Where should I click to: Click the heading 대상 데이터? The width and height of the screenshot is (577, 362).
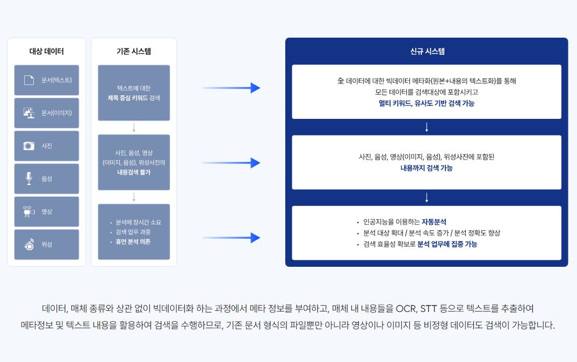[46, 51]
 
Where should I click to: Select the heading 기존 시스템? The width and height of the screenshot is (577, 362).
[134, 51]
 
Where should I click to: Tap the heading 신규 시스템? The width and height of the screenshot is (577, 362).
[427, 51]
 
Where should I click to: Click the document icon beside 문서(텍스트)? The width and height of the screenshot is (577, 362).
[28, 80]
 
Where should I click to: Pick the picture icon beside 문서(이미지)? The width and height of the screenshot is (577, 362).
[28, 112]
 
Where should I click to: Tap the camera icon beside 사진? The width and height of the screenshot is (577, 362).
[28, 146]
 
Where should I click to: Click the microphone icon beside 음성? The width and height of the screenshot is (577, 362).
[28, 179]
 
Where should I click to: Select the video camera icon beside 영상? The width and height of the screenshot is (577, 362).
[28, 211]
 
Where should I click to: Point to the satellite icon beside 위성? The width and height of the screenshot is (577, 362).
[28, 244]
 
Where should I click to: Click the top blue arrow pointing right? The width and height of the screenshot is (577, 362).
[231, 88]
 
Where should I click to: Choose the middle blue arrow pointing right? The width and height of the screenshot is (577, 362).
[231, 163]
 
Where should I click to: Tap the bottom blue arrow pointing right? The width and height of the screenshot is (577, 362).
[231, 238]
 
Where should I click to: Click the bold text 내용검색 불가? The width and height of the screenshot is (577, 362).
[134, 172]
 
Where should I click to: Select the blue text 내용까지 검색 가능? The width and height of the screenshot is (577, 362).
[427, 168]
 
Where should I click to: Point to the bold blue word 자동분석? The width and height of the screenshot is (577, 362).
[434, 222]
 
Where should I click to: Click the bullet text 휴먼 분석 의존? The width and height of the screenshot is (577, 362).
[133, 242]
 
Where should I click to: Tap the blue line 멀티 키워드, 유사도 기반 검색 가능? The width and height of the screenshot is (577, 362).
[427, 103]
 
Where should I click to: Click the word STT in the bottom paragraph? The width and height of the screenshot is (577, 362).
[428, 308]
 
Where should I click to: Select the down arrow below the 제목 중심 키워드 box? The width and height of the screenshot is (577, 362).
[134, 127]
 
